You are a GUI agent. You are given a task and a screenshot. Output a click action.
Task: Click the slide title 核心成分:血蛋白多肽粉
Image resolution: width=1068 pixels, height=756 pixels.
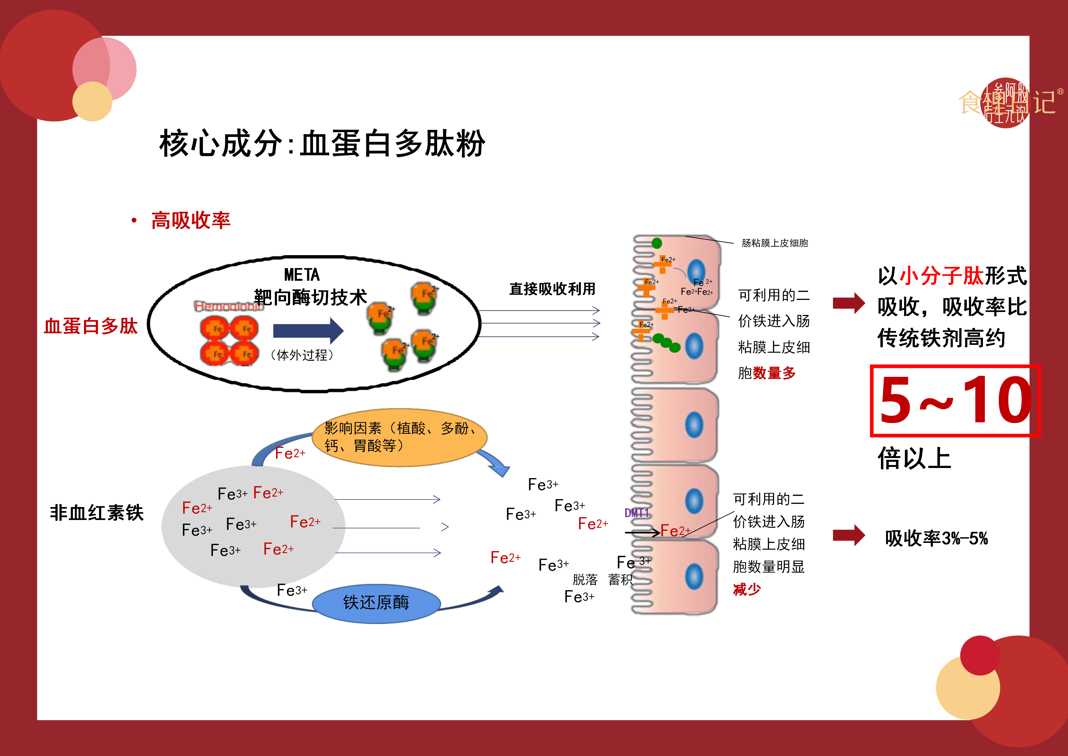tap(322, 143)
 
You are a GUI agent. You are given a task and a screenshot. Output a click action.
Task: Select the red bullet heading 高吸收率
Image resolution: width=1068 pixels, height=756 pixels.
tap(191, 220)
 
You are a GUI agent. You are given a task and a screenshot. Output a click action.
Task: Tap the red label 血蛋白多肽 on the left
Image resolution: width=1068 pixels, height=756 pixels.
tap(91, 326)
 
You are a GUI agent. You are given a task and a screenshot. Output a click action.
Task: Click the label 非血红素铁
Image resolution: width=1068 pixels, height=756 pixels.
tap(97, 512)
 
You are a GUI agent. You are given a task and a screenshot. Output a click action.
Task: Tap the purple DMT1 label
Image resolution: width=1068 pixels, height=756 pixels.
tap(636, 513)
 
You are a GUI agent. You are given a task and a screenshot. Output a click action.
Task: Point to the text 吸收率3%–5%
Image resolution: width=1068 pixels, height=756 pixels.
tap(936, 538)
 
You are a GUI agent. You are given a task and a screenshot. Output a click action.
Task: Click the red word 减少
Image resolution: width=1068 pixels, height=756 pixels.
tap(747, 589)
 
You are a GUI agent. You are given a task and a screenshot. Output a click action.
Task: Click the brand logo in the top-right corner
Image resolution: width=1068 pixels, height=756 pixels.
tap(1007, 102)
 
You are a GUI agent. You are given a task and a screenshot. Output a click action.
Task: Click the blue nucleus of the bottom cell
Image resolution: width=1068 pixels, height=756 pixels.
tap(694, 576)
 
